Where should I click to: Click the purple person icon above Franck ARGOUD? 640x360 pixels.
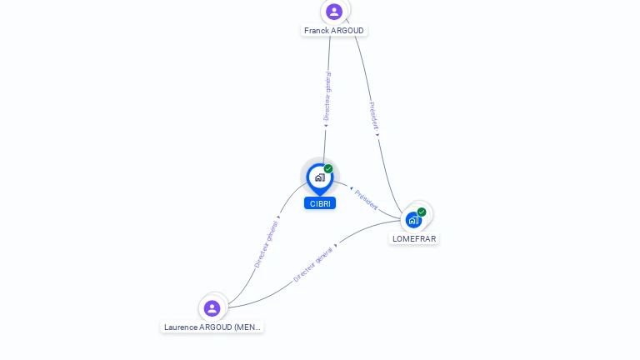(334, 12)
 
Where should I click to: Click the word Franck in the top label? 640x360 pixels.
(316, 31)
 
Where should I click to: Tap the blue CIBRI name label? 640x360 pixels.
(320, 203)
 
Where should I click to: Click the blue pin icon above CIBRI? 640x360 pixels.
(319, 177)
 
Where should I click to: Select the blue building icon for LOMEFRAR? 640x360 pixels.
(412, 221)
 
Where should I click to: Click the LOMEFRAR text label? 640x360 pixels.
(414, 239)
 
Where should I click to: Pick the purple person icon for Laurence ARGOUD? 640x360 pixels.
(212, 308)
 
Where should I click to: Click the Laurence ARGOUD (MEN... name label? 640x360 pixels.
(212, 327)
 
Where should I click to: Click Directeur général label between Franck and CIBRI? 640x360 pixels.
(327, 97)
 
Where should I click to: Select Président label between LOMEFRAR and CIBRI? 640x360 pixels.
(366, 199)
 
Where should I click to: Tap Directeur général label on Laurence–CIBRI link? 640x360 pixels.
(267, 243)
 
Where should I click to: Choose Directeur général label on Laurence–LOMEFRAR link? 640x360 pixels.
(313, 263)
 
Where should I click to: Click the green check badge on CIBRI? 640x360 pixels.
(328, 169)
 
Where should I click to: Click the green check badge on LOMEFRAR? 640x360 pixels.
(422, 212)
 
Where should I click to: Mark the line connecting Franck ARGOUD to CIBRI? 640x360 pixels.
(325, 142)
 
